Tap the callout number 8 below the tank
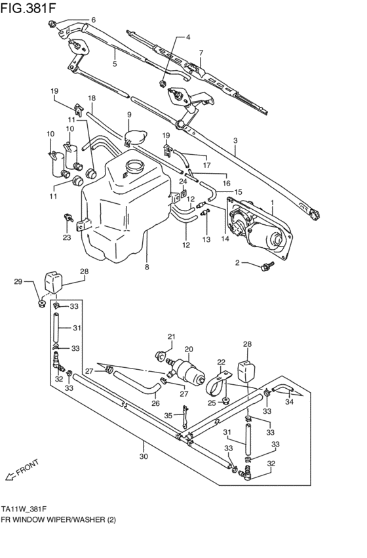tap(147, 268)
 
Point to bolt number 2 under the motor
tap(266, 266)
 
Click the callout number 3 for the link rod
tap(235, 140)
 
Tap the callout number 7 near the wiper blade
tap(201, 52)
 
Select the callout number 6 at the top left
tap(92, 20)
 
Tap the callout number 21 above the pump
tap(171, 337)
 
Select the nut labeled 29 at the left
tap(41, 302)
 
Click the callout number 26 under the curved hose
tap(155, 403)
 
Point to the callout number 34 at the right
tap(290, 403)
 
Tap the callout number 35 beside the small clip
tap(168, 415)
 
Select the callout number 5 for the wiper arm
tap(114, 64)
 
